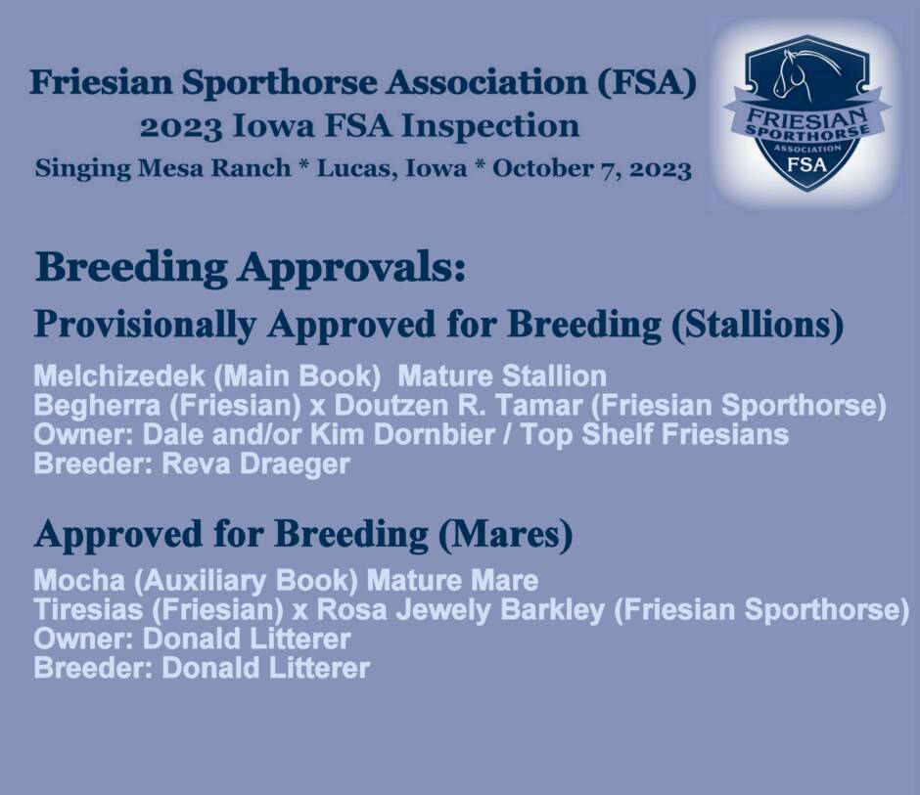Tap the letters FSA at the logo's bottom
point(806,165)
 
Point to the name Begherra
point(97,406)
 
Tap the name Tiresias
point(88,610)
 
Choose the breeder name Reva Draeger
point(255,464)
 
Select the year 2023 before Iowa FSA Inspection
point(181,127)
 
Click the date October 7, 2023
point(592,169)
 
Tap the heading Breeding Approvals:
point(252,267)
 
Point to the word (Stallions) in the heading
point(758,325)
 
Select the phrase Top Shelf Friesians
point(655,434)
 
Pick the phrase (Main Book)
point(298,375)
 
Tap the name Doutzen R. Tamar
point(458,406)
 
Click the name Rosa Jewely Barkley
point(461,610)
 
